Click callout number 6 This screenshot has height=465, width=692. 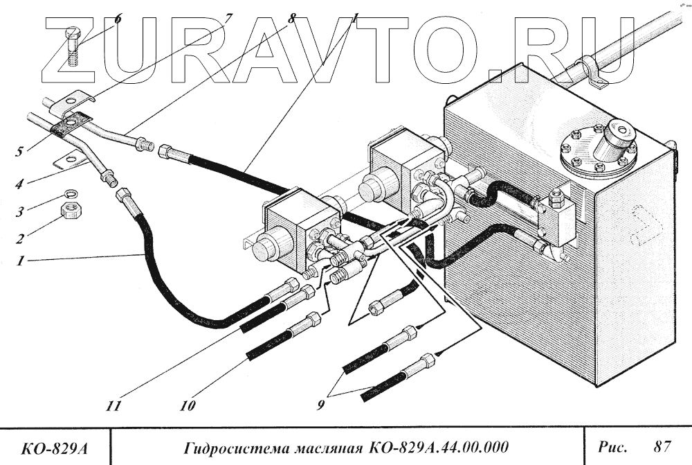[x=118, y=19]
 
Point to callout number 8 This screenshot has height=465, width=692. [x=291, y=19]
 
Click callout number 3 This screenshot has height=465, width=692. [x=21, y=211]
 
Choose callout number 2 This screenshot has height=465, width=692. [x=21, y=239]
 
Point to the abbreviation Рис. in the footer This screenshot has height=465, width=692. [x=612, y=444]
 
